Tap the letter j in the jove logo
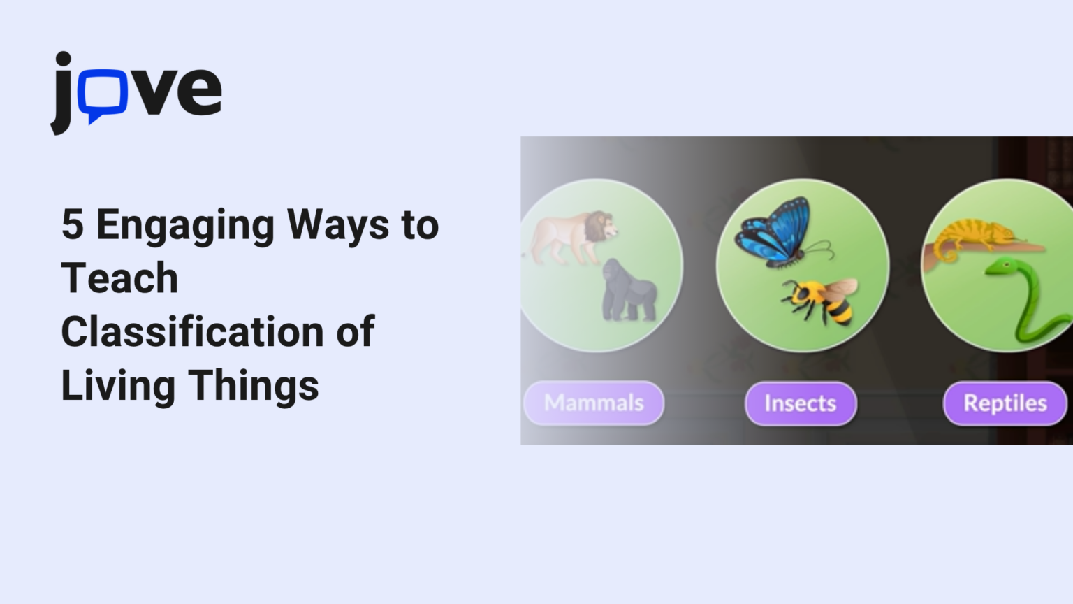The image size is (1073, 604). [62, 94]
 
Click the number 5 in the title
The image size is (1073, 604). [72, 225]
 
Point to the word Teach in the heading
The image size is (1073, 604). [119, 278]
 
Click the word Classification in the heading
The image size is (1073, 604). [192, 331]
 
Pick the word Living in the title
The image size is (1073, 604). [117, 386]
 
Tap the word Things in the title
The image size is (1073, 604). [254, 386]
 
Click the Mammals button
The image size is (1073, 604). [594, 403]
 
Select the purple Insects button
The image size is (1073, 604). [800, 403]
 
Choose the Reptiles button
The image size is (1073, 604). [1005, 403]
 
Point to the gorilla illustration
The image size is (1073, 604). [629, 290]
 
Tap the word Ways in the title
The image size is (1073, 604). [338, 225]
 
